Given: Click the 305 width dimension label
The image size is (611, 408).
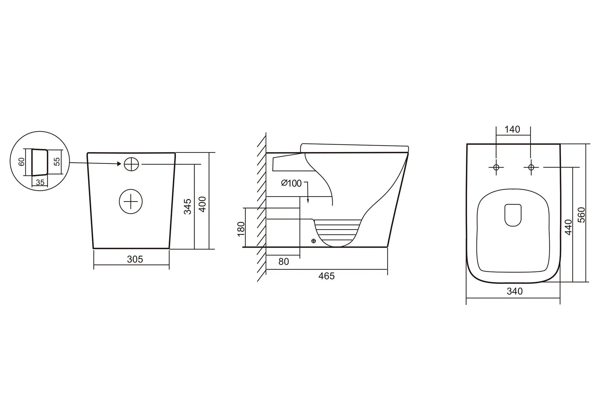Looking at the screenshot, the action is tap(135, 259).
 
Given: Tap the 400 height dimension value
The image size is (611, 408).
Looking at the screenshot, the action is tap(203, 204).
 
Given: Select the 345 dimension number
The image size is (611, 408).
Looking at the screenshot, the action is tap(188, 206).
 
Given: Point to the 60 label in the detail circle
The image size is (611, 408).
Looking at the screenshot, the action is tap(21, 162).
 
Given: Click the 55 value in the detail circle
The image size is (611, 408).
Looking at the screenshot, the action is tap(57, 161).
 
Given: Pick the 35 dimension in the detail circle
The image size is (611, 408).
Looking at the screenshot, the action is tap(40, 182).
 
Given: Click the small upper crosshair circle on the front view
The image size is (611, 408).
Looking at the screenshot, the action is tap(131, 164).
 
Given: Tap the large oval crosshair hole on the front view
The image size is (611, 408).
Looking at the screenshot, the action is tap(131, 201).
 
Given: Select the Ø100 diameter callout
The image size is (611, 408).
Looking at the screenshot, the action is tap(291, 183).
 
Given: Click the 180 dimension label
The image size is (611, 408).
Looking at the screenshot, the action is tap(241, 229).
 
